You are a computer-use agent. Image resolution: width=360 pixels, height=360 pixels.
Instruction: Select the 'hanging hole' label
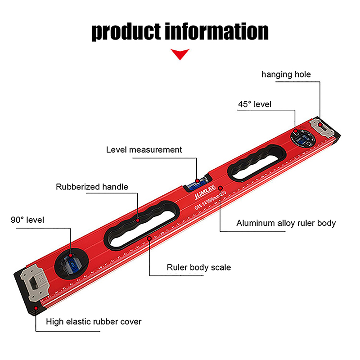[286, 74]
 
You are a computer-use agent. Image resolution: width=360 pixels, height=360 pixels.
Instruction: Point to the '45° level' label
[255, 104]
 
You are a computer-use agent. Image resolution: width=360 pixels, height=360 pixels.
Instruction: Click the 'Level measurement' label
[144, 149]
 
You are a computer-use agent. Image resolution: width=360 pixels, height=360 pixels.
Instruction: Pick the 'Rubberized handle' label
[92, 187]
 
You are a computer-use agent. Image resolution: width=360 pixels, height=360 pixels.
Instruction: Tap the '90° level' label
[28, 220]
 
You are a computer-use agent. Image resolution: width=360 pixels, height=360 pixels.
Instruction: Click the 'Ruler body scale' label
[198, 267]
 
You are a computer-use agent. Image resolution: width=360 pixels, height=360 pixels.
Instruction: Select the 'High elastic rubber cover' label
[94, 321]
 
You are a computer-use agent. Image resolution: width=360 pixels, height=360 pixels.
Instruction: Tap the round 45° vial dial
[302, 137]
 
